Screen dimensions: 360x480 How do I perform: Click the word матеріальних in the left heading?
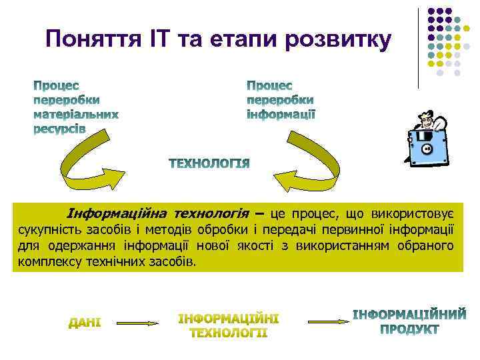pos(76,114)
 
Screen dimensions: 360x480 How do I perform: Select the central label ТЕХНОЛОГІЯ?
pos(209,163)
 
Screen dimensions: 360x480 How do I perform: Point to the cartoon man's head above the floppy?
pos(425,120)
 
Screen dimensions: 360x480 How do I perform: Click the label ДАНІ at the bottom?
pos(85,323)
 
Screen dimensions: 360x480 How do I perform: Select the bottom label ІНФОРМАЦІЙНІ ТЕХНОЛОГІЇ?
pos(229,325)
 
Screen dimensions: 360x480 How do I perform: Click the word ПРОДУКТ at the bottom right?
pos(409,329)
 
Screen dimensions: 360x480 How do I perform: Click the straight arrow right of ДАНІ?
pos(137,323)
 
